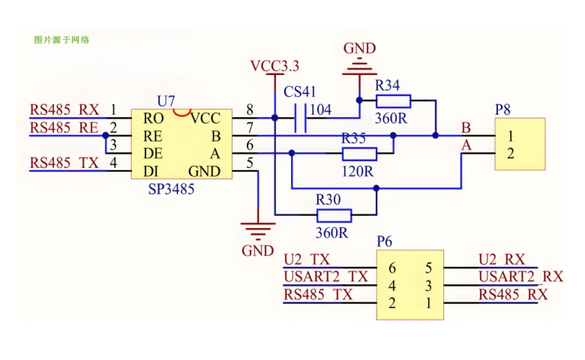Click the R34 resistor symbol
click(393, 100)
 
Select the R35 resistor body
click(359, 154)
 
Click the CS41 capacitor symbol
click(301, 118)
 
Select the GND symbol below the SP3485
click(257, 229)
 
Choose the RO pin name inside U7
click(154, 118)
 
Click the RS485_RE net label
click(64, 128)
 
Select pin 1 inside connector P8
click(510, 136)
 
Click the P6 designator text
click(385, 241)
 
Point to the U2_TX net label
click(307, 259)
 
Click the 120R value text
click(358, 171)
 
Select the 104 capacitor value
click(320, 110)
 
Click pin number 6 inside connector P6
click(391, 268)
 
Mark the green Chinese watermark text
click(62, 39)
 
